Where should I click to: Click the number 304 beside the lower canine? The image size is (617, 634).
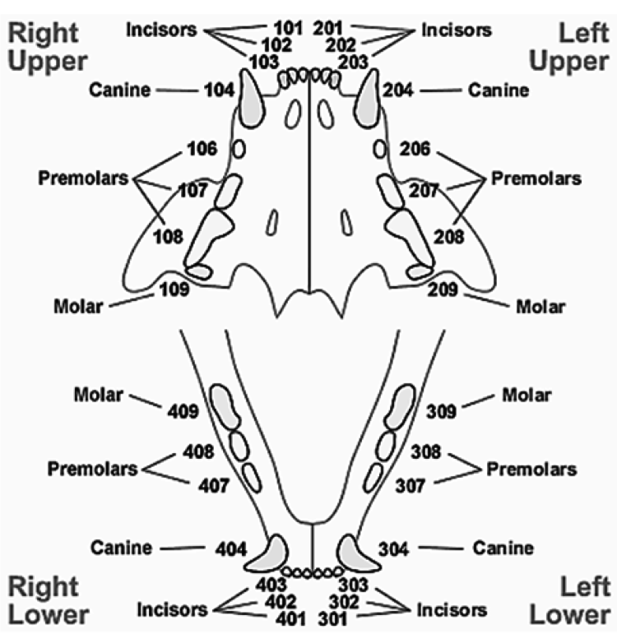(x=396, y=547)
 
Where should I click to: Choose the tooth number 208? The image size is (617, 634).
(x=449, y=236)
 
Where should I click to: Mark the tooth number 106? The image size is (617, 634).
(x=202, y=149)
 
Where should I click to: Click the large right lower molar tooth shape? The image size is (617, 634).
(x=225, y=406)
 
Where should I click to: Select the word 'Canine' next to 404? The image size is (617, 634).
(x=122, y=547)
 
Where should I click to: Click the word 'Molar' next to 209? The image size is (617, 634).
(x=540, y=308)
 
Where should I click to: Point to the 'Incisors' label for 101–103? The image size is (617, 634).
(x=161, y=30)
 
